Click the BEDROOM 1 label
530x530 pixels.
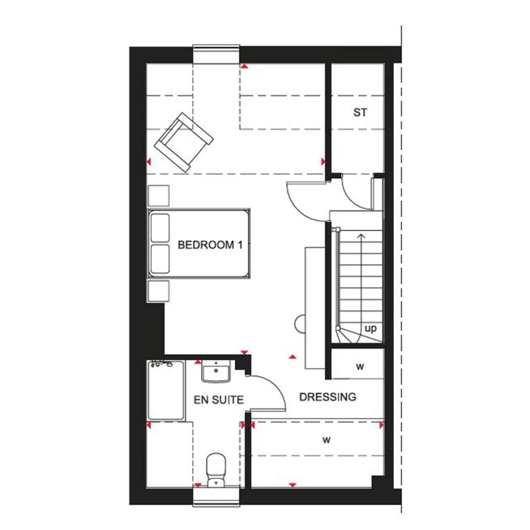click(x=210, y=245)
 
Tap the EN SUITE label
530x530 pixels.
click(x=218, y=400)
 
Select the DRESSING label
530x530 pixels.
click(x=327, y=397)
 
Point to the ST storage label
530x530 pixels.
click(x=360, y=112)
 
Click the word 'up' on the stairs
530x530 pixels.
click(x=370, y=329)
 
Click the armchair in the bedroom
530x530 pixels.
click(x=184, y=143)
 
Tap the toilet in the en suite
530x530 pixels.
click(x=216, y=470)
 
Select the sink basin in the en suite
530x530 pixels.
click(x=216, y=371)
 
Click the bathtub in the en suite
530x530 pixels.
click(x=166, y=390)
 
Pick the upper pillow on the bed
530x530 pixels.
click(x=160, y=228)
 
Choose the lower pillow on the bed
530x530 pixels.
click(x=160, y=259)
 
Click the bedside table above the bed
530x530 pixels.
click(x=158, y=196)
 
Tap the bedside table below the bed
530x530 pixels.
click(x=158, y=291)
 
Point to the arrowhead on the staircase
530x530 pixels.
click(x=362, y=236)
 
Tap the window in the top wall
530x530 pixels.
click(x=216, y=54)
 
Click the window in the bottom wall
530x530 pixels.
click(x=216, y=497)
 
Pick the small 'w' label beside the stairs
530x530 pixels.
click(x=360, y=366)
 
